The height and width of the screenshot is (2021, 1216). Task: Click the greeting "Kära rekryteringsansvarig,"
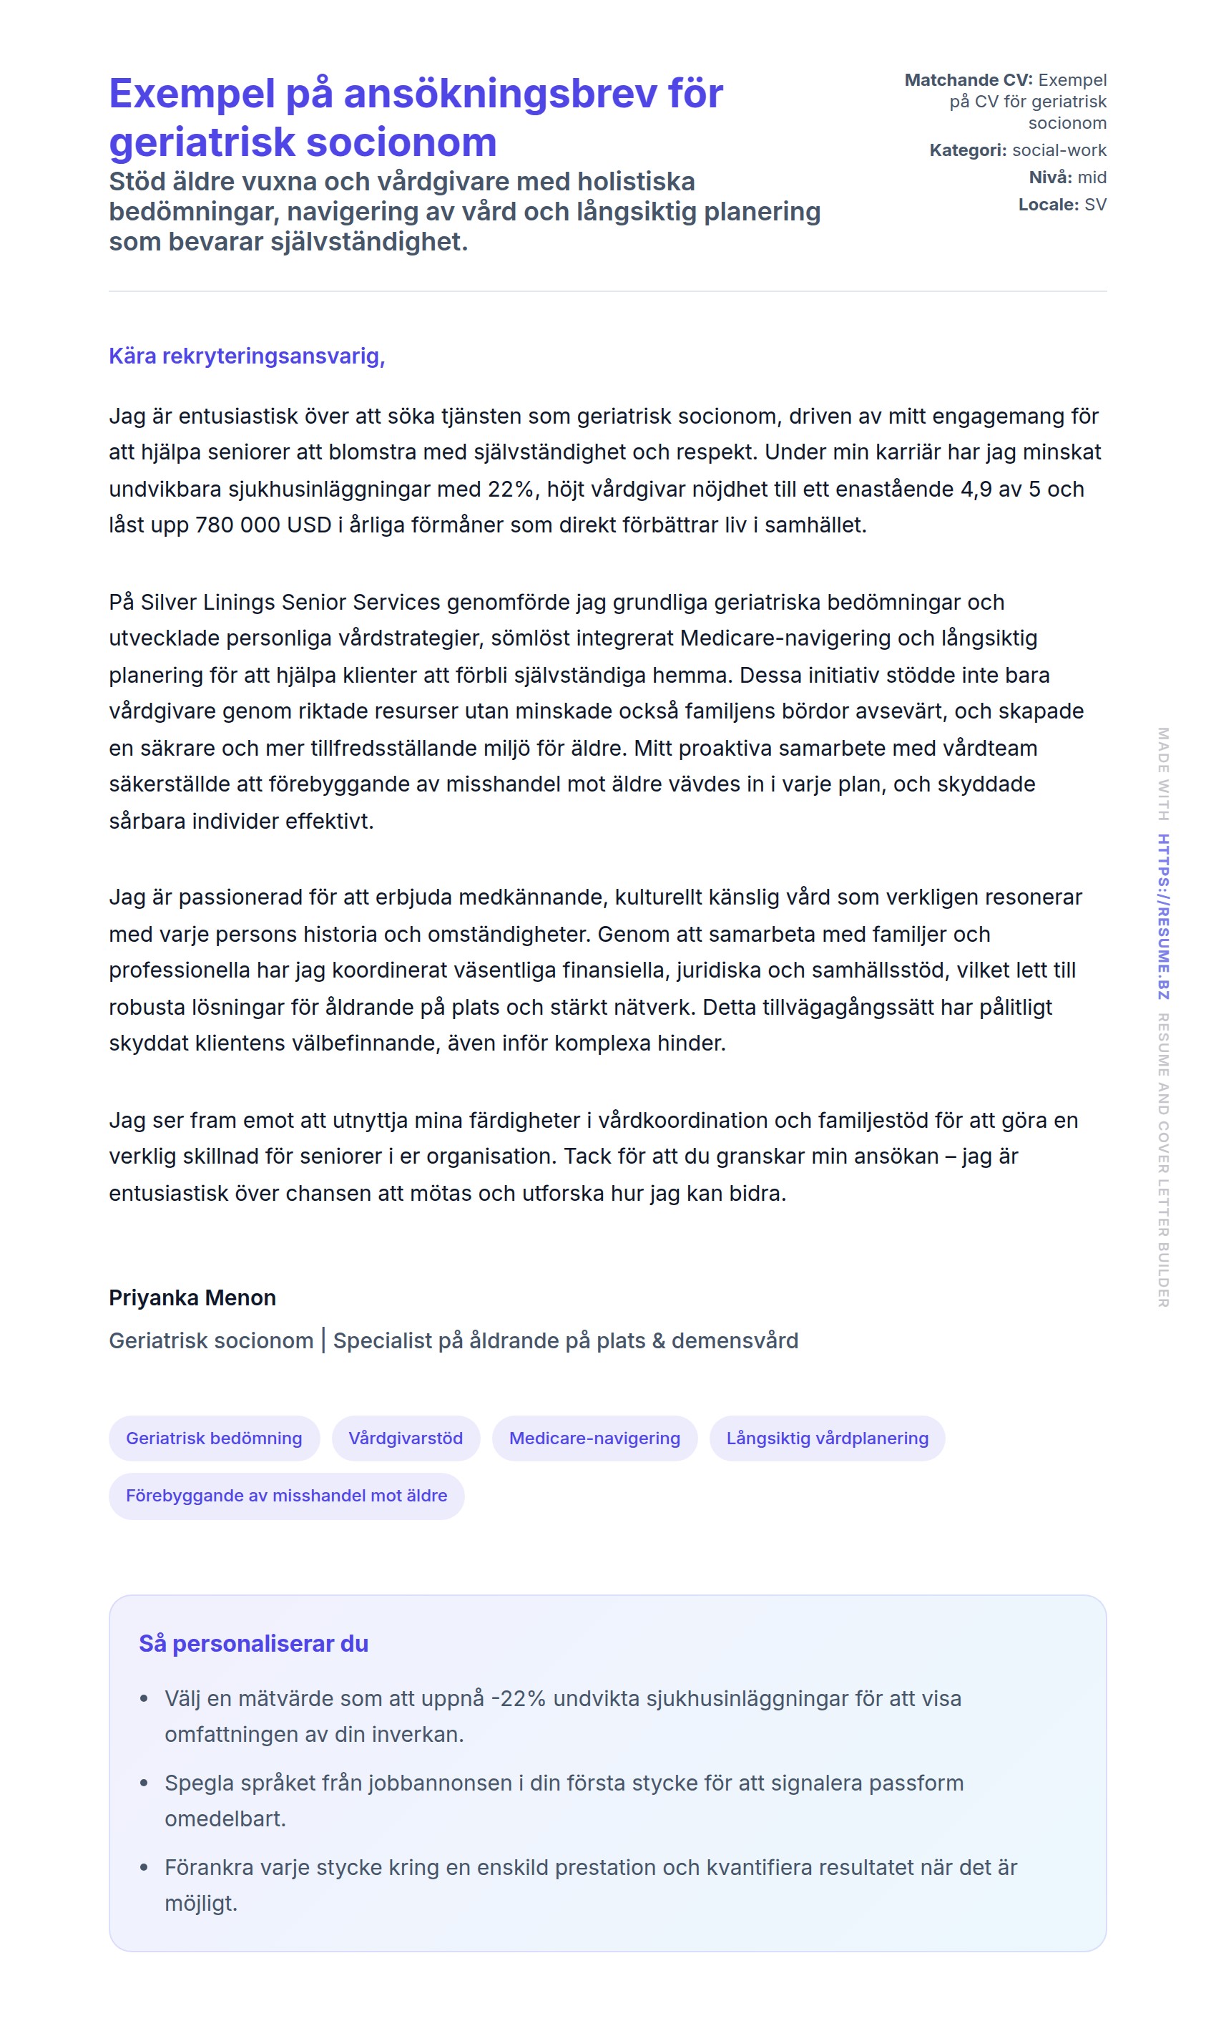click(247, 356)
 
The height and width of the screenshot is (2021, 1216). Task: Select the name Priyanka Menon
click(192, 1297)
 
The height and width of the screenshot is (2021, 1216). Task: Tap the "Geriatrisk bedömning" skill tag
click(214, 1438)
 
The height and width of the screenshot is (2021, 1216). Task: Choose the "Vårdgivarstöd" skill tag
click(406, 1438)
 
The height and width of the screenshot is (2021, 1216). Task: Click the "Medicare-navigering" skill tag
click(595, 1438)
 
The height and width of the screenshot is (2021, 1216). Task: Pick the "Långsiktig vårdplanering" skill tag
click(827, 1438)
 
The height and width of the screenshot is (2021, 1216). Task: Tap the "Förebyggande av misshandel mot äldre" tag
click(286, 1495)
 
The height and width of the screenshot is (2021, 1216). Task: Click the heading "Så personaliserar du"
click(253, 1643)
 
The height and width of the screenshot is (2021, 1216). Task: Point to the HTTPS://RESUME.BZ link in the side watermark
click(1163, 916)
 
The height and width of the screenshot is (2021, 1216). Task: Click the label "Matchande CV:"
click(969, 80)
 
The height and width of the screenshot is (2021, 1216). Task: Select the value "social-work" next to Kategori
click(1059, 150)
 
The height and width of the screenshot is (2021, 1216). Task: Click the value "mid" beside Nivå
click(1092, 177)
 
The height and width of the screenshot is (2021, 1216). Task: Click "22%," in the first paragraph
click(514, 489)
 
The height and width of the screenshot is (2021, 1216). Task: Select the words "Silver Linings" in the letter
click(208, 602)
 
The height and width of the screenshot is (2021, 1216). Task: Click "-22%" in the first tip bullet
click(518, 1698)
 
